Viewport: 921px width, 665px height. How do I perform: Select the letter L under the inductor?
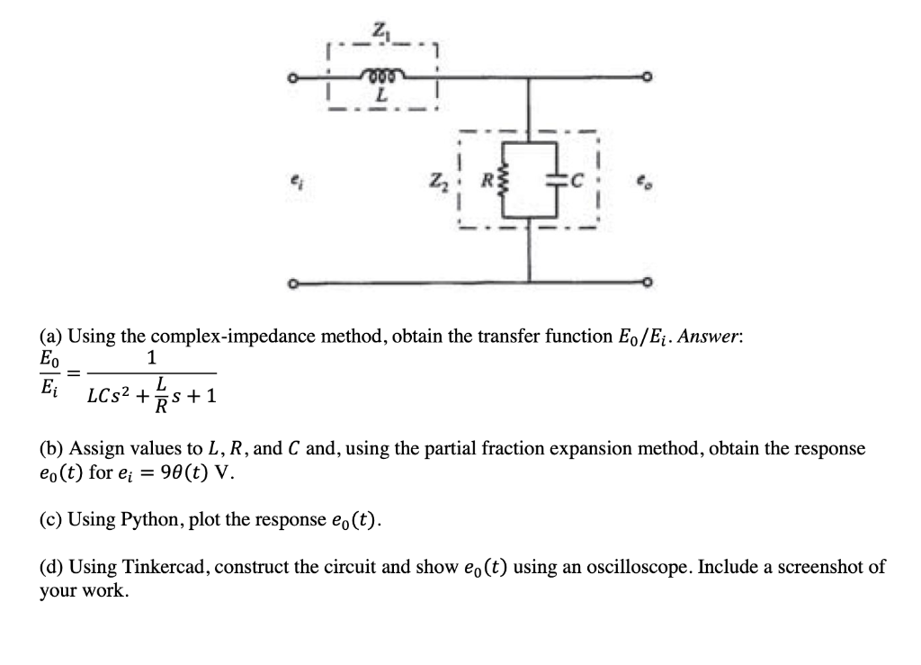[x=381, y=94]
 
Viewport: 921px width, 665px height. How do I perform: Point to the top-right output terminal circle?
[x=645, y=79]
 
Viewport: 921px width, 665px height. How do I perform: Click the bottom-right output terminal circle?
[x=645, y=284]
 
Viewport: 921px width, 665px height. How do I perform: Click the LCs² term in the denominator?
[x=112, y=395]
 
